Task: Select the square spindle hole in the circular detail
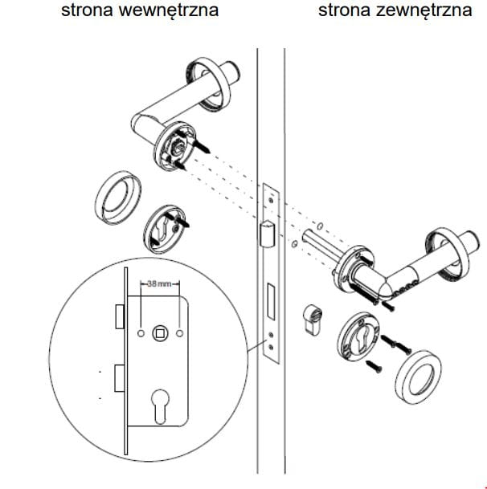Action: click(161, 332)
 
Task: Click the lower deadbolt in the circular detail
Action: click(119, 377)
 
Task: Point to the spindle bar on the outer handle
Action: click(319, 246)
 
